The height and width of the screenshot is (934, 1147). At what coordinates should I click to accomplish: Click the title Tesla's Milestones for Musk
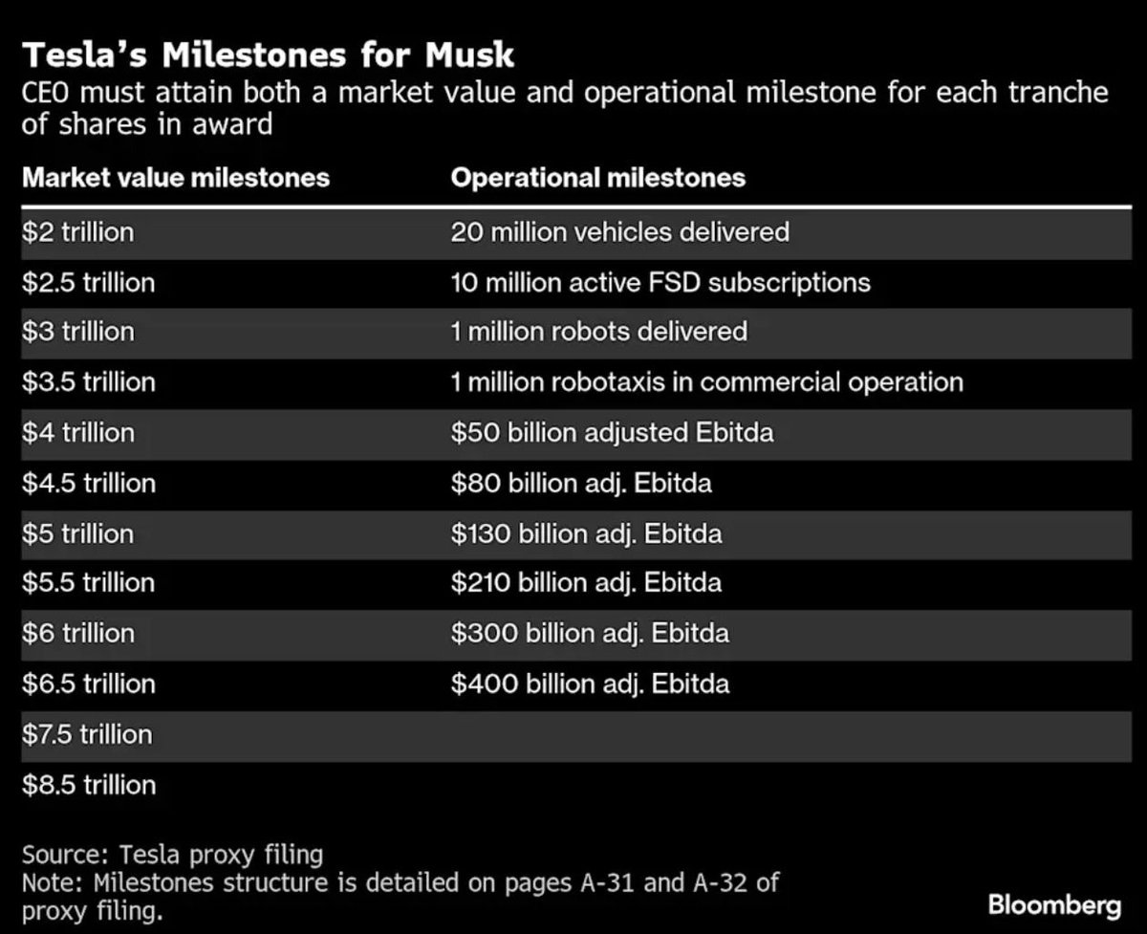[x=268, y=54]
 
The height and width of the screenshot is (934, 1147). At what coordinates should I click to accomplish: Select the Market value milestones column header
[x=176, y=178]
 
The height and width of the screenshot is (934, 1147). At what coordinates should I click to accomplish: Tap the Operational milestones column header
[x=597, y=178]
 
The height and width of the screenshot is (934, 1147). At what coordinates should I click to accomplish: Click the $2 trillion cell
[x=78, y=232]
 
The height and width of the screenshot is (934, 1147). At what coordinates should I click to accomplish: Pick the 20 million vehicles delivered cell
[x=619, y=232]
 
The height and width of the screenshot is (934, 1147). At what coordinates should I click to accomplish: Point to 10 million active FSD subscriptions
[x=660, y=283]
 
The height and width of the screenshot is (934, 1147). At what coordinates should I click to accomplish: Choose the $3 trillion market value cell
[x=78, y=333]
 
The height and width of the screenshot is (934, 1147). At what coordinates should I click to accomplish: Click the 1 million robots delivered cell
[x=598, y=333]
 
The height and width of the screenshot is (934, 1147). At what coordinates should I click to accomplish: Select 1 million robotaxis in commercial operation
[x=706, y=382]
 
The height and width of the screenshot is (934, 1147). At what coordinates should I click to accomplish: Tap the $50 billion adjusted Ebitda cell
[x=612, y=433]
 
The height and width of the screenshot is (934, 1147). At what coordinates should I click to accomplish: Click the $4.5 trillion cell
[x=89, y=483]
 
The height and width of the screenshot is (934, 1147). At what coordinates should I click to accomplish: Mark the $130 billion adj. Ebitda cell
[x=586, y=533]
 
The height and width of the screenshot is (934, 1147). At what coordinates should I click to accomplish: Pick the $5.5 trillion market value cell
[x=89, y=583]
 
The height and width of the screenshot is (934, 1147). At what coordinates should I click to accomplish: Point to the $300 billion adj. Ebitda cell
[x=590, y=633]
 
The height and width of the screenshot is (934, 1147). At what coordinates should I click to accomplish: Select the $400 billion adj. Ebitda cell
[x=590, y=684]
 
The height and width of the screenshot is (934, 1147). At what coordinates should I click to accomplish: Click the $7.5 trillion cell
[x=87, y=734]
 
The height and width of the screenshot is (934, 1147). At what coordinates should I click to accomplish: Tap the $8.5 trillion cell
[x=89, y=785]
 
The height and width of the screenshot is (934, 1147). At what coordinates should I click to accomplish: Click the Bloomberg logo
[x=1054, y=904]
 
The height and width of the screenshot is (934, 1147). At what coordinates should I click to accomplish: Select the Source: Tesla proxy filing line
[x=172, y=854]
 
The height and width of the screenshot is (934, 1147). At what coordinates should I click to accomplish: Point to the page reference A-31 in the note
[x=600, y=881]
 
